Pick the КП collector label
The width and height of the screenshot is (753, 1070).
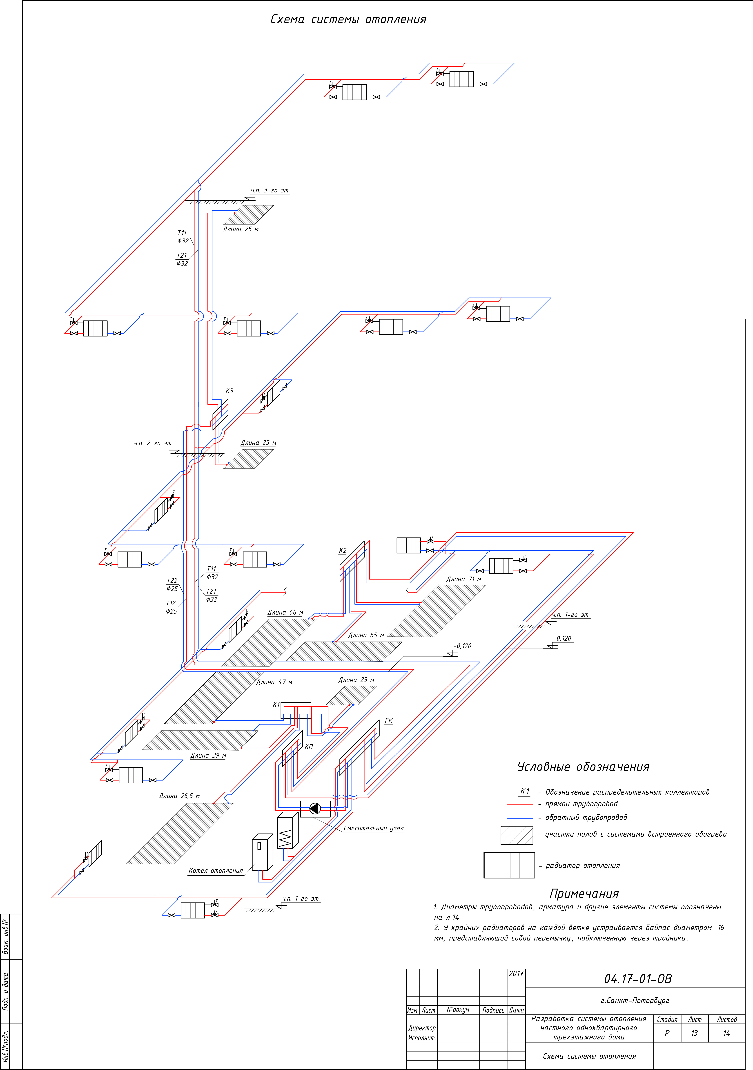(308, 747)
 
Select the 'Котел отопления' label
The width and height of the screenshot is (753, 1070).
(216, 871)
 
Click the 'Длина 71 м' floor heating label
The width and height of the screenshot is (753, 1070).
(464, 579)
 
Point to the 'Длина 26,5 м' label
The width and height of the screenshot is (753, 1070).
(179, 796)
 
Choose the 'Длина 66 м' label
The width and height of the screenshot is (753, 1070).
(285, 612)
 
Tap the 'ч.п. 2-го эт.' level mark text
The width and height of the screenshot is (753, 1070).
(153, 443)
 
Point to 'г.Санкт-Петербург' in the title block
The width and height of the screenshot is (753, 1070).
(635, 1000)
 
